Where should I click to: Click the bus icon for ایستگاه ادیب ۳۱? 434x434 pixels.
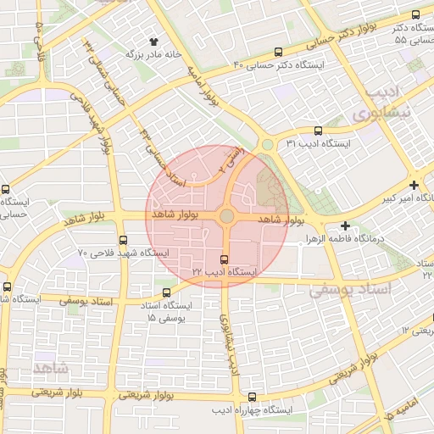coord(318,131)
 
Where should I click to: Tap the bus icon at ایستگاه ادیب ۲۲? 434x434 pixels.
coord(224,259)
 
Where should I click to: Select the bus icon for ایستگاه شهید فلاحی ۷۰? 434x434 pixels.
coord(124,240)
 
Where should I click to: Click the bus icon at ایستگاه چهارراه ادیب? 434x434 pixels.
coord(252,397)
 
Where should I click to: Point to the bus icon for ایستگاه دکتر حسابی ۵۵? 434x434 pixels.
coord(415,14)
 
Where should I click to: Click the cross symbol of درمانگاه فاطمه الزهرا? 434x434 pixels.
coord(345,225)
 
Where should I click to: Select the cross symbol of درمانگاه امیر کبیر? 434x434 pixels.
coord(414,185)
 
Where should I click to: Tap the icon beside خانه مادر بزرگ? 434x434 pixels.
coord(153,42)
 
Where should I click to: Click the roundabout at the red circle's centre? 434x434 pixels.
coord(226,217)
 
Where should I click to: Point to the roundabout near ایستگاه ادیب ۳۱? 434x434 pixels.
coord(268,145)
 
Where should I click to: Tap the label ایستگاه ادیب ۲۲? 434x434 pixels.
coord(224,273)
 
